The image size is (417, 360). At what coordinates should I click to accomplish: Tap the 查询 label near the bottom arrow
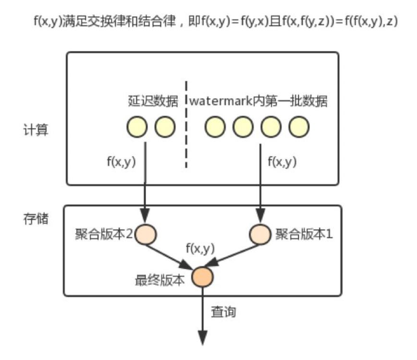tap(224, 312)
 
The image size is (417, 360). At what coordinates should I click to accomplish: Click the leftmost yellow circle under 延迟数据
tap(137, 127)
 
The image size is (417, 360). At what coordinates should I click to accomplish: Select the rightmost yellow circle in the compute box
tap(299, 127)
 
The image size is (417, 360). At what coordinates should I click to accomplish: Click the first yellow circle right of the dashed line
tap(215, 127)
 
